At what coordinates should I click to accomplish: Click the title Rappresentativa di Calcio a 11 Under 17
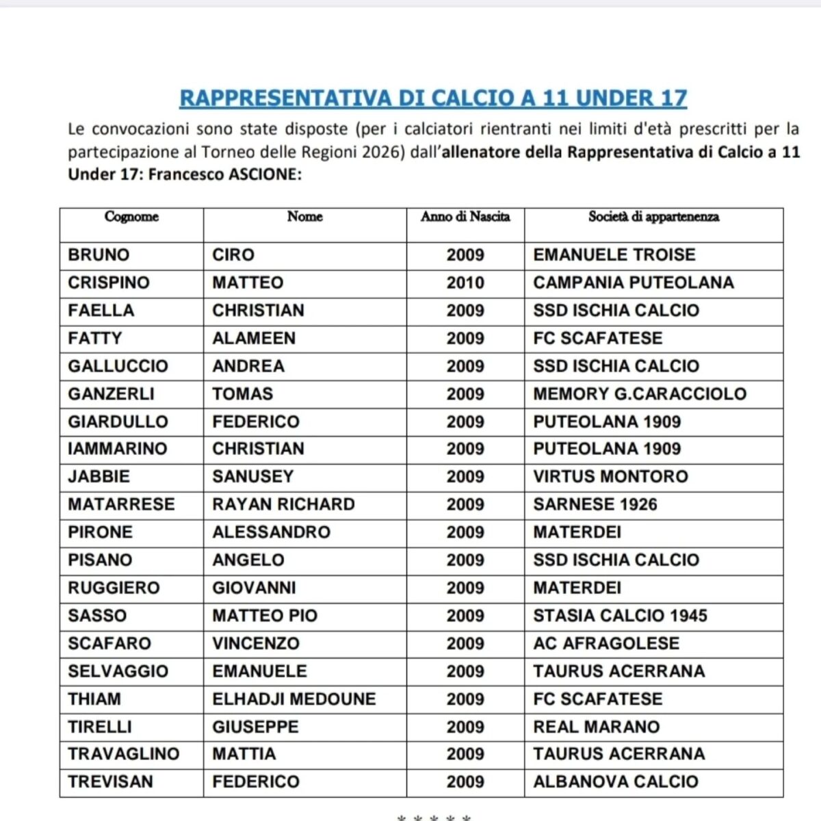point(433,98)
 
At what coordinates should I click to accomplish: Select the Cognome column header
point(131,217)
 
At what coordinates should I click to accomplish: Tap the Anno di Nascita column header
point(465,217)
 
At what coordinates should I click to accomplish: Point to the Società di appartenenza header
point(653,217)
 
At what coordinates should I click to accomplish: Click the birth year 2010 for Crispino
point(465,283)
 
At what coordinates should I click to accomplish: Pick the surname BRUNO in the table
point(99,255)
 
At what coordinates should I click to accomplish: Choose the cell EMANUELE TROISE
point(614,255)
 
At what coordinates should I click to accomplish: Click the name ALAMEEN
point(254,338)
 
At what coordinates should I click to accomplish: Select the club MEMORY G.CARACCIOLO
point(640,393)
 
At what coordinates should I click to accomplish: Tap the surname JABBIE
point(99,476)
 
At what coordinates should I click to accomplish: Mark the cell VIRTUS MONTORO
point(610,476)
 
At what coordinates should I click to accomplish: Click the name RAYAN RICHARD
point(283,504)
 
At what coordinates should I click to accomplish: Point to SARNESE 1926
point(595,504)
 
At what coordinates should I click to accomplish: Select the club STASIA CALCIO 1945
point(620,615)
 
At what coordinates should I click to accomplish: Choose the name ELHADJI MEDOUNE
point(294,699)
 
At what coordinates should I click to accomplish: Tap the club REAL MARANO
point(597,727)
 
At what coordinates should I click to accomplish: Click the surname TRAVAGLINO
point(123,754)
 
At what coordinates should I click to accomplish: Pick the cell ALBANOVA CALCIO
point(616,781)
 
